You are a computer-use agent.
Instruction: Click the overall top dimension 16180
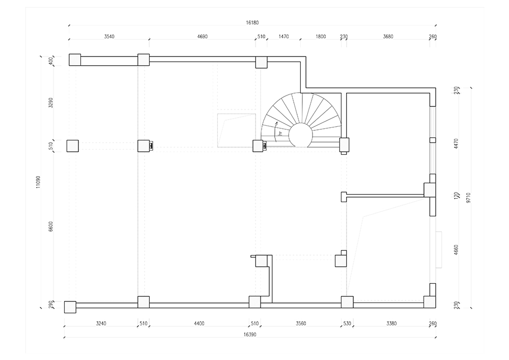[x=252, y=23]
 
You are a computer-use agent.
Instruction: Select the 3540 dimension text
[x=109, y=37]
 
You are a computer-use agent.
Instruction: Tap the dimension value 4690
[x=202, y=37]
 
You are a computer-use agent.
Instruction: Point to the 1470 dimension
[x=284, y=37]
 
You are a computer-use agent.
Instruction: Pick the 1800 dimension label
[x=321, y=37]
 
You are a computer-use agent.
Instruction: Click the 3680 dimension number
[x=388, y=37]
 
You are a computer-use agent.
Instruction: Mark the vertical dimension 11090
[x=38, y=182]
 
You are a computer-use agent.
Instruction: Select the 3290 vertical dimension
[x=50, y=103]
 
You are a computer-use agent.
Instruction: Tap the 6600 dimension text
[x=50, y=226]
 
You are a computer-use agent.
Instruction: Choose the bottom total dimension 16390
[x=249, y=335]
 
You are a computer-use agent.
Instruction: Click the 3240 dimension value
[x=101, y=323]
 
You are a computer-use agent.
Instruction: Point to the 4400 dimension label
[x=199, y=323]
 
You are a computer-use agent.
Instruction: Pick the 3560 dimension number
[x=301, y=323]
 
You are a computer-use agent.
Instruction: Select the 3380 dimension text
[x=391, y=323]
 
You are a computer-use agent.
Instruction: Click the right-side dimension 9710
[x=468, y=198]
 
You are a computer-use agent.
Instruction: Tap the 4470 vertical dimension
[x=456, y=144]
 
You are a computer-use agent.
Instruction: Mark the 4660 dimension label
[x=456, y=250]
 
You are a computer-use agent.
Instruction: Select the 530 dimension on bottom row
[x=347, y=323]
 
